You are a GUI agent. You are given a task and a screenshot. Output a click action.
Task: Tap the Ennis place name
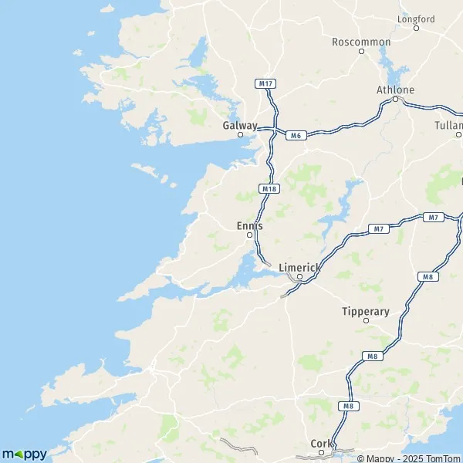point(249,225)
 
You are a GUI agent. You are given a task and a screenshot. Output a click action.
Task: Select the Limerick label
point(299,266)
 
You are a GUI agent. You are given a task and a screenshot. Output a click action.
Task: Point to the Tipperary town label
point(366,312)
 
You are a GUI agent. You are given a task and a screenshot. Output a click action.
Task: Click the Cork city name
point(320,443)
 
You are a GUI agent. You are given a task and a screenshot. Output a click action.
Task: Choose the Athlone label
point(395,90)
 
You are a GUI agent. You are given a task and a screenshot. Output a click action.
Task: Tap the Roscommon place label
point(361,42)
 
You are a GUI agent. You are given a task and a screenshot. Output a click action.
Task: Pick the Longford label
point(416,19)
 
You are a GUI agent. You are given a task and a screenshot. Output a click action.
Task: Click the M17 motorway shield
point(265,83)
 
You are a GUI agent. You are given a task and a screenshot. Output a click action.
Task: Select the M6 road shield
point(294,136)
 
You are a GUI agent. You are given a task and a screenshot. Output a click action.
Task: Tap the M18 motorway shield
point(269,188)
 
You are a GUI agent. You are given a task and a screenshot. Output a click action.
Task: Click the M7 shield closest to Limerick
point(378,228)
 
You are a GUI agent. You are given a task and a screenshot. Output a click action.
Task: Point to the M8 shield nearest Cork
point(346,405)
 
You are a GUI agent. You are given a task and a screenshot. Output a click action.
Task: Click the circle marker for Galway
point(240,135)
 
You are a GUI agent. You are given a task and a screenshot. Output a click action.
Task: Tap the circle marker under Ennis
point(249,235)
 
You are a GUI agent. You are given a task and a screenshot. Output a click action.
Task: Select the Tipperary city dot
point(366,323)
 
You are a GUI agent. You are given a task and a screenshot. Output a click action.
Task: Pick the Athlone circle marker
point(395,100)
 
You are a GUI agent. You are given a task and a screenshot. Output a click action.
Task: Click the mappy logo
point(24,454)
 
